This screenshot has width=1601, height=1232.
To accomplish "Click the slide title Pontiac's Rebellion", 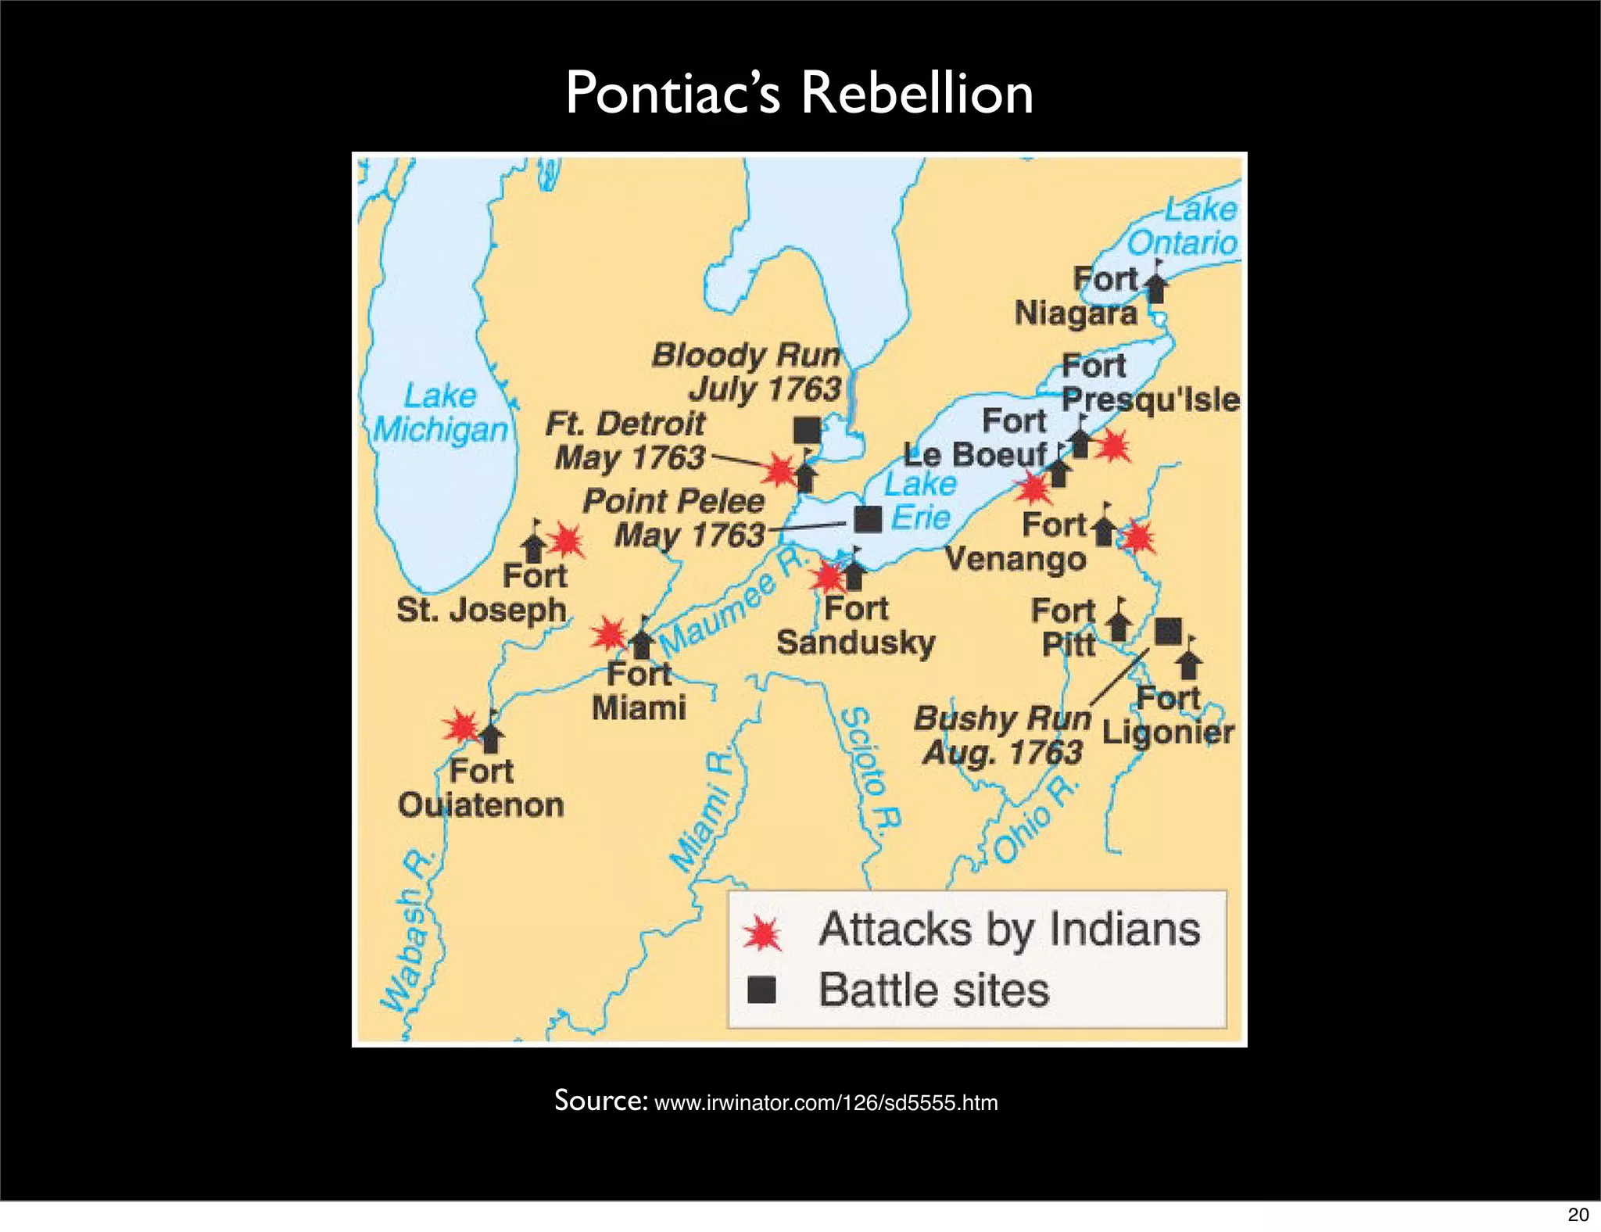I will [799, 93].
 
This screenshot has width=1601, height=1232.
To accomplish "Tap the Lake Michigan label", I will [440, 413].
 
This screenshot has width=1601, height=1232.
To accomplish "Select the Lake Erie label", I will [920, 500].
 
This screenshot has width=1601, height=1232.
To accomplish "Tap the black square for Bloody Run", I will [807, 429].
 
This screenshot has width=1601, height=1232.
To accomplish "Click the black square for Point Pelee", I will [868, 518].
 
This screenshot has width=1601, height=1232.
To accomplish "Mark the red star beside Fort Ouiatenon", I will [461, 726].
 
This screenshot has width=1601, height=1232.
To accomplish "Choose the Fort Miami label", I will [639, 691].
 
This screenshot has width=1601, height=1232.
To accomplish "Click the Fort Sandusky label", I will [856, 625].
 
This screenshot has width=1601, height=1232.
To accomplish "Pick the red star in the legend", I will [761, 932].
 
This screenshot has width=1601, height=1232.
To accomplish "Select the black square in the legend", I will [761, 990].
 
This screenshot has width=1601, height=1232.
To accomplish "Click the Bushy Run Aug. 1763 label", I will [1003, 735].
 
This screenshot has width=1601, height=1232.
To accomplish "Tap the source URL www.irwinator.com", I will [826, 1103].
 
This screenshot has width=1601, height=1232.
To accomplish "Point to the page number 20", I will [1578, 1214].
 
